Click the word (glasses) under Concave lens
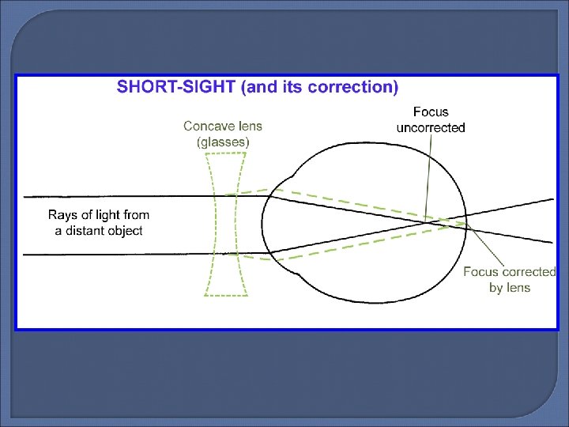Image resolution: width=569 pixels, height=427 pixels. pyautogui.click(x=223, y=142)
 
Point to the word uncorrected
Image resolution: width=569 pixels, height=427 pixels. pyautogui.click(x=431, y=127)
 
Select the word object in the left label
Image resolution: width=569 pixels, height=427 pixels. pyautogui.click(x=126, y=230)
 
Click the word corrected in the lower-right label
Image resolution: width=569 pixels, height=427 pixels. pyautogui.click(x=528, y=272)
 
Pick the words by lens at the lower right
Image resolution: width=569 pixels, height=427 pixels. pyautogui.click(x=510, y=288)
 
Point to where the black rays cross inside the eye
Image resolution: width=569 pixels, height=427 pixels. pyautogui.click(x=427, y=221)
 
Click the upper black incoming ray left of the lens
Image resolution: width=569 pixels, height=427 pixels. pyautogui.click(x=119, y=196)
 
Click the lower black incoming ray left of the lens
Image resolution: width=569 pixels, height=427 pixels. pyautogui.click(x=119, y=254)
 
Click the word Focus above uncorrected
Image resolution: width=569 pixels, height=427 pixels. pyautogui.click(x=431, y=112)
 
